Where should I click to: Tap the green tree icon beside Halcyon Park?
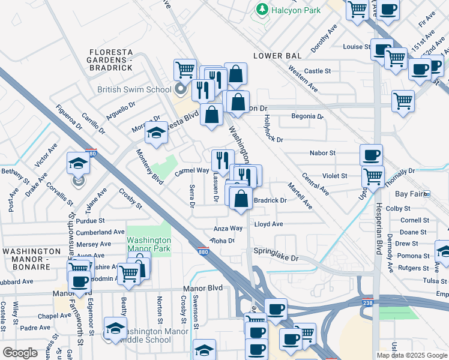[x=262, y=10]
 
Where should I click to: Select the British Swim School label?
[x=134, y=90]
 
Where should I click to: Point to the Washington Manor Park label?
[x=148, y=244]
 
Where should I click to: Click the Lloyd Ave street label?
[x=268, y=224]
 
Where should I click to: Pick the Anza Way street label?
[x=229, y=229]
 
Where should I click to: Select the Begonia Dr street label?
[x=307, y=116]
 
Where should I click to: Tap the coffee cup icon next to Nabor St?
[x=371, y=155]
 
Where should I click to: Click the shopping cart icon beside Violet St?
[x=373, y=177]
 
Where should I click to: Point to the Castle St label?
[x=318, y=71]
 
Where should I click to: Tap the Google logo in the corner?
[x=21, y=352]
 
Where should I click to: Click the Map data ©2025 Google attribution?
[x=412, y=355]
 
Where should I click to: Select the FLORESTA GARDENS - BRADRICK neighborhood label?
[x=110, y=60]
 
